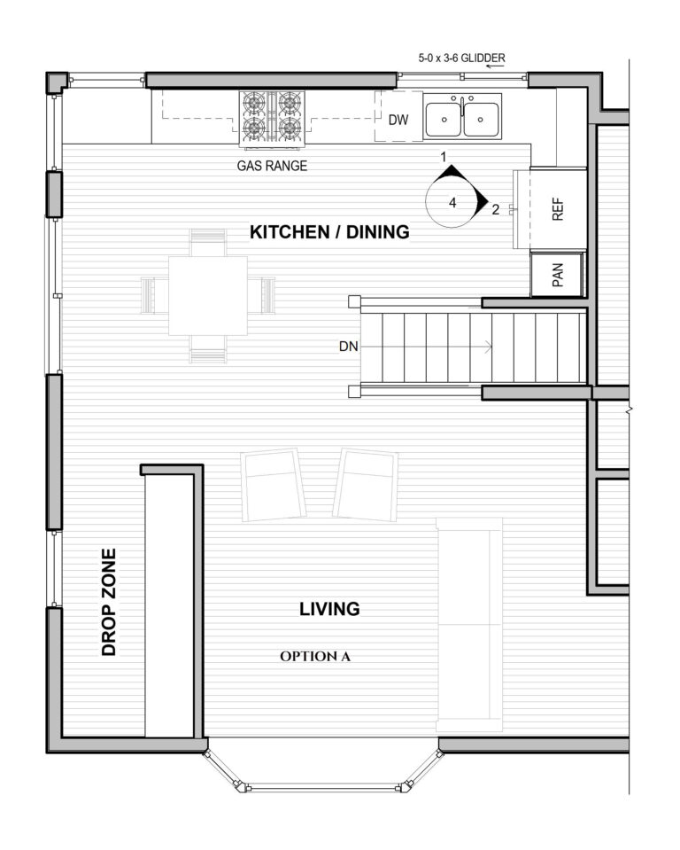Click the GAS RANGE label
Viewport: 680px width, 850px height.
272,165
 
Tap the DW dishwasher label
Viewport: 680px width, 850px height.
398,121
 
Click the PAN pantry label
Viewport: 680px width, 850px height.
558,276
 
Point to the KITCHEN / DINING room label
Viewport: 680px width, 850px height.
329,232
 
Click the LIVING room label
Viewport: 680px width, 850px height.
329,609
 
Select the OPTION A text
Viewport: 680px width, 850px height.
316,657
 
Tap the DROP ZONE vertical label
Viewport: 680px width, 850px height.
109,602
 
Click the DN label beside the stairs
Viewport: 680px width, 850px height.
349,347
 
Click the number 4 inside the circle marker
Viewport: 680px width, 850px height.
452,202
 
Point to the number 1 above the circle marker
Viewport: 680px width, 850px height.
448,157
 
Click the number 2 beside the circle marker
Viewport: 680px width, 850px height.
495,210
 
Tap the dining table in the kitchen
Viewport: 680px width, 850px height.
207,295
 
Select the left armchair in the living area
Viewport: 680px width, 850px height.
270,483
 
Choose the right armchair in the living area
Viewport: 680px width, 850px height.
366,483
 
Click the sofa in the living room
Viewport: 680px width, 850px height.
470,619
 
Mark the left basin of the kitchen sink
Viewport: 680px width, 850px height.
443,119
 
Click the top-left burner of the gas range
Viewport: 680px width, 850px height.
256,105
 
